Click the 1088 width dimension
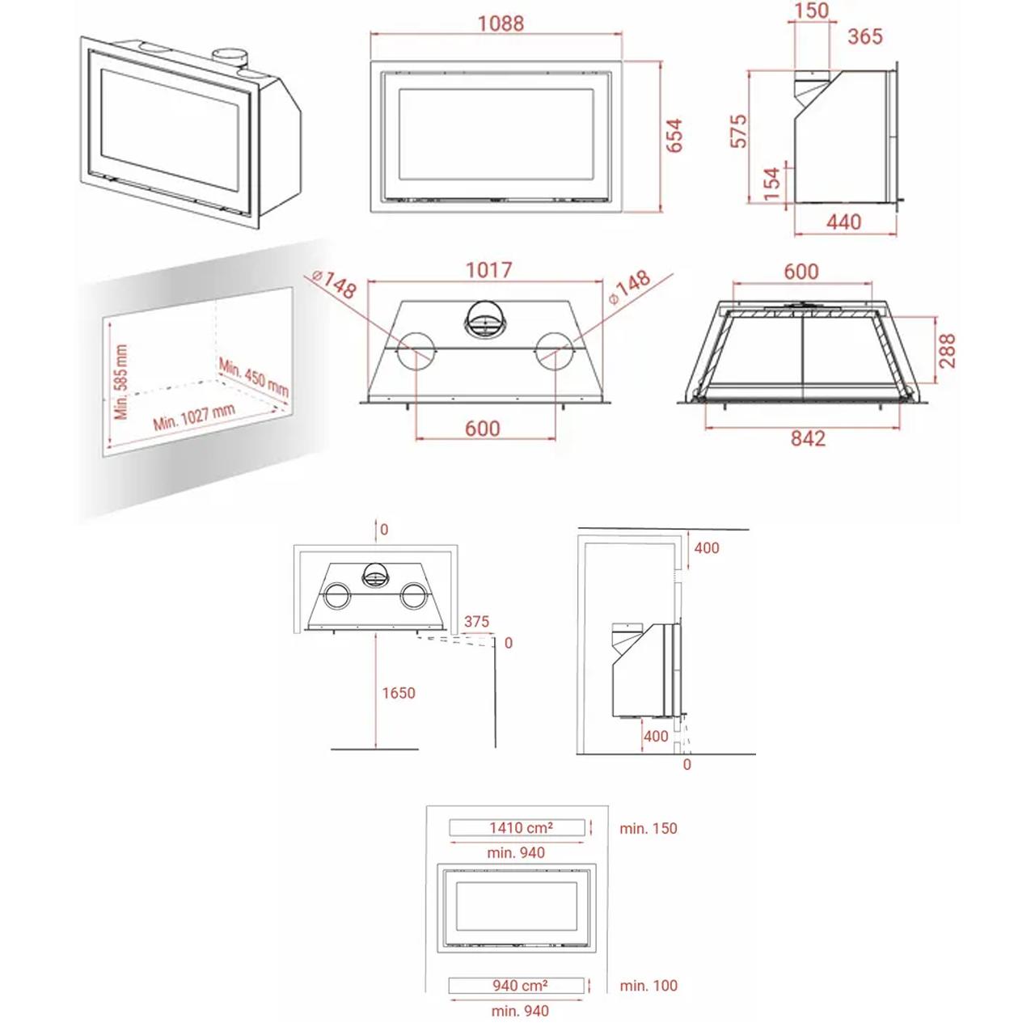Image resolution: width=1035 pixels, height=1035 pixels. coord(500,23)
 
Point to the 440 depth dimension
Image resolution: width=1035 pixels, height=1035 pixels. coord(843,222)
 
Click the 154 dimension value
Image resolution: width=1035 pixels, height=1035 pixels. coord(771,184)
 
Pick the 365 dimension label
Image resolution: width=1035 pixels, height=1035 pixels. coord(864,36)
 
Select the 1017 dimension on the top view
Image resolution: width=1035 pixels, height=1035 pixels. coord(488,269)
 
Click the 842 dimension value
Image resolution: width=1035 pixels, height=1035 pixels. coord(807,438)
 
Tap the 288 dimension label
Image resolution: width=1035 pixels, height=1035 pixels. coord(948,351)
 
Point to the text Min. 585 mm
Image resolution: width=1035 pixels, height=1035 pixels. coord(121,382)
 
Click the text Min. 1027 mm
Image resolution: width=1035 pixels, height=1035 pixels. coord(194,416)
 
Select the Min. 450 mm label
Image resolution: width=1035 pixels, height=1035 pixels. coord(254,378)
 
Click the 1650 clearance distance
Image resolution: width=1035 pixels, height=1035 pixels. coord(399,693)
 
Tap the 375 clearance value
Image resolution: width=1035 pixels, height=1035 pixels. coord(476,622)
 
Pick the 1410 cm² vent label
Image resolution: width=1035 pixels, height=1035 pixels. coord(521,827)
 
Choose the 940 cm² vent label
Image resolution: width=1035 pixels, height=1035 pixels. coord(520,986)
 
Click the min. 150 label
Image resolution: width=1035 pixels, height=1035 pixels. coord(648,828)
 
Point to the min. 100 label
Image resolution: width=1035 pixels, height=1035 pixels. coord(648,986)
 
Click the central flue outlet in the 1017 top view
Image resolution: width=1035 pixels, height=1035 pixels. coord(485,319)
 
